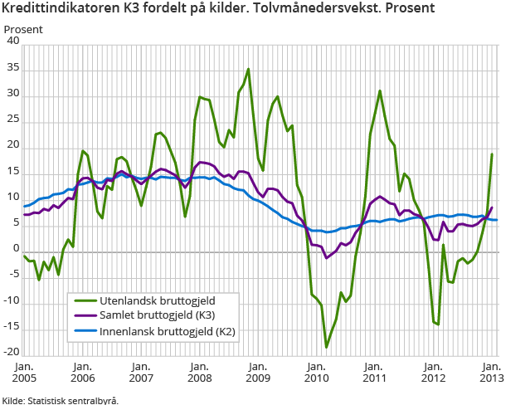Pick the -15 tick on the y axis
click(x=10, y=327)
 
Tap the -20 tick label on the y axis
click(x=10, y=353)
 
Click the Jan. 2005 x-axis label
click(x=24, y=372)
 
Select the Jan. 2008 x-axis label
click(x=199, y=372)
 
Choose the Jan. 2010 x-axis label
click(x=316, y=372)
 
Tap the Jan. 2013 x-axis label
click(x=491, y=372)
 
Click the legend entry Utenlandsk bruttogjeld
click(x=153, y=300)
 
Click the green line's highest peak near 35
click(x=248, y=69)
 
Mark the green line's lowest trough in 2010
click(x=326, y=347)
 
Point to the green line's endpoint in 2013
click(x=492, y=154)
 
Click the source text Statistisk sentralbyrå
click(x=74, y=399)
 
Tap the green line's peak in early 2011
click(x=379, y=91)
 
